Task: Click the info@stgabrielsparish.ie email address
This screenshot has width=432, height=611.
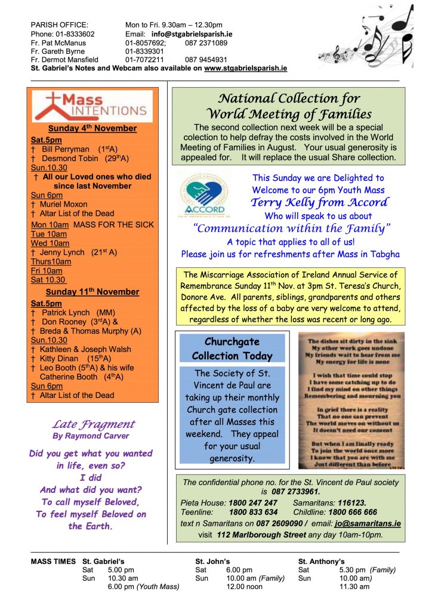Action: click(x=190, y=34)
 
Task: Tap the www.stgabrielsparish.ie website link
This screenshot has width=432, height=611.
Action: click(x=245, y=69)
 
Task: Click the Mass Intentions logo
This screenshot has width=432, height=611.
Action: click(x=92, y=106)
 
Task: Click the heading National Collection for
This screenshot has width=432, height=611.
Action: click(x=289, y=99)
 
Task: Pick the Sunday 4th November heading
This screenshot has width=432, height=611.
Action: click(x=92, y=129)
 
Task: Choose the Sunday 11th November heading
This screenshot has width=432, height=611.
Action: click(x=92, y=292)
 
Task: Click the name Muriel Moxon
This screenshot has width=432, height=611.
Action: click(x=63, y=204)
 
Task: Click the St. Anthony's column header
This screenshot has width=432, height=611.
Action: click(x=321, y=561)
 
